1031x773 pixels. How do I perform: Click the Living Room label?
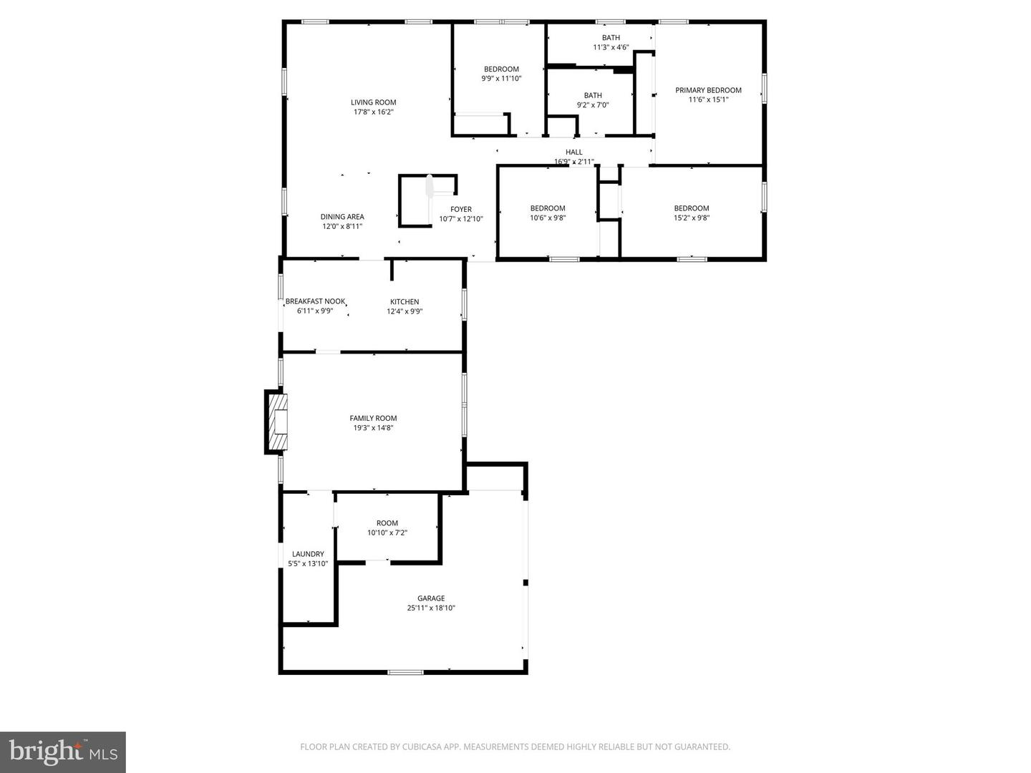point(373,102)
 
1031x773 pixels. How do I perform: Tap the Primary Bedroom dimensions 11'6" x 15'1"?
point(708,100)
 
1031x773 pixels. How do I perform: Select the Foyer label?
point(461,210)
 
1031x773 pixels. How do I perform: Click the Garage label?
point(431,598)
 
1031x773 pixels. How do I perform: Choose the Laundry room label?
point(308,554)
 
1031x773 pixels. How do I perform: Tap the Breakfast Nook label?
point(315,301)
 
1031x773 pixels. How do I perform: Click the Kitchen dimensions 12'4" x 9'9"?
point(405,311)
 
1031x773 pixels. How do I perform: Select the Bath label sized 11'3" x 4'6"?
point(611,38)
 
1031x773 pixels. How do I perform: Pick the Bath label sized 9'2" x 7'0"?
point(593,95)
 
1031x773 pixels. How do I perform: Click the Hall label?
point(574,152)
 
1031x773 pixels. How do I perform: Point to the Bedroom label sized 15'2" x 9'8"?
point(691,208)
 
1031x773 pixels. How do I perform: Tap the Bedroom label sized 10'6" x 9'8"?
point(548,208)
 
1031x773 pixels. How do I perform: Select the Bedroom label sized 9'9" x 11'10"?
point(501,69)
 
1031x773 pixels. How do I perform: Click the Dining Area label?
point(342,217)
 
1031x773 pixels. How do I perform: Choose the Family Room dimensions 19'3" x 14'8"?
point(373,428)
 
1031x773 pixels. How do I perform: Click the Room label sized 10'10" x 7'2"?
point(387,523)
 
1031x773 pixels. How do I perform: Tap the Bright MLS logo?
point(63,752)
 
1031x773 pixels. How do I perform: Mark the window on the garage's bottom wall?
point(405,672)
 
